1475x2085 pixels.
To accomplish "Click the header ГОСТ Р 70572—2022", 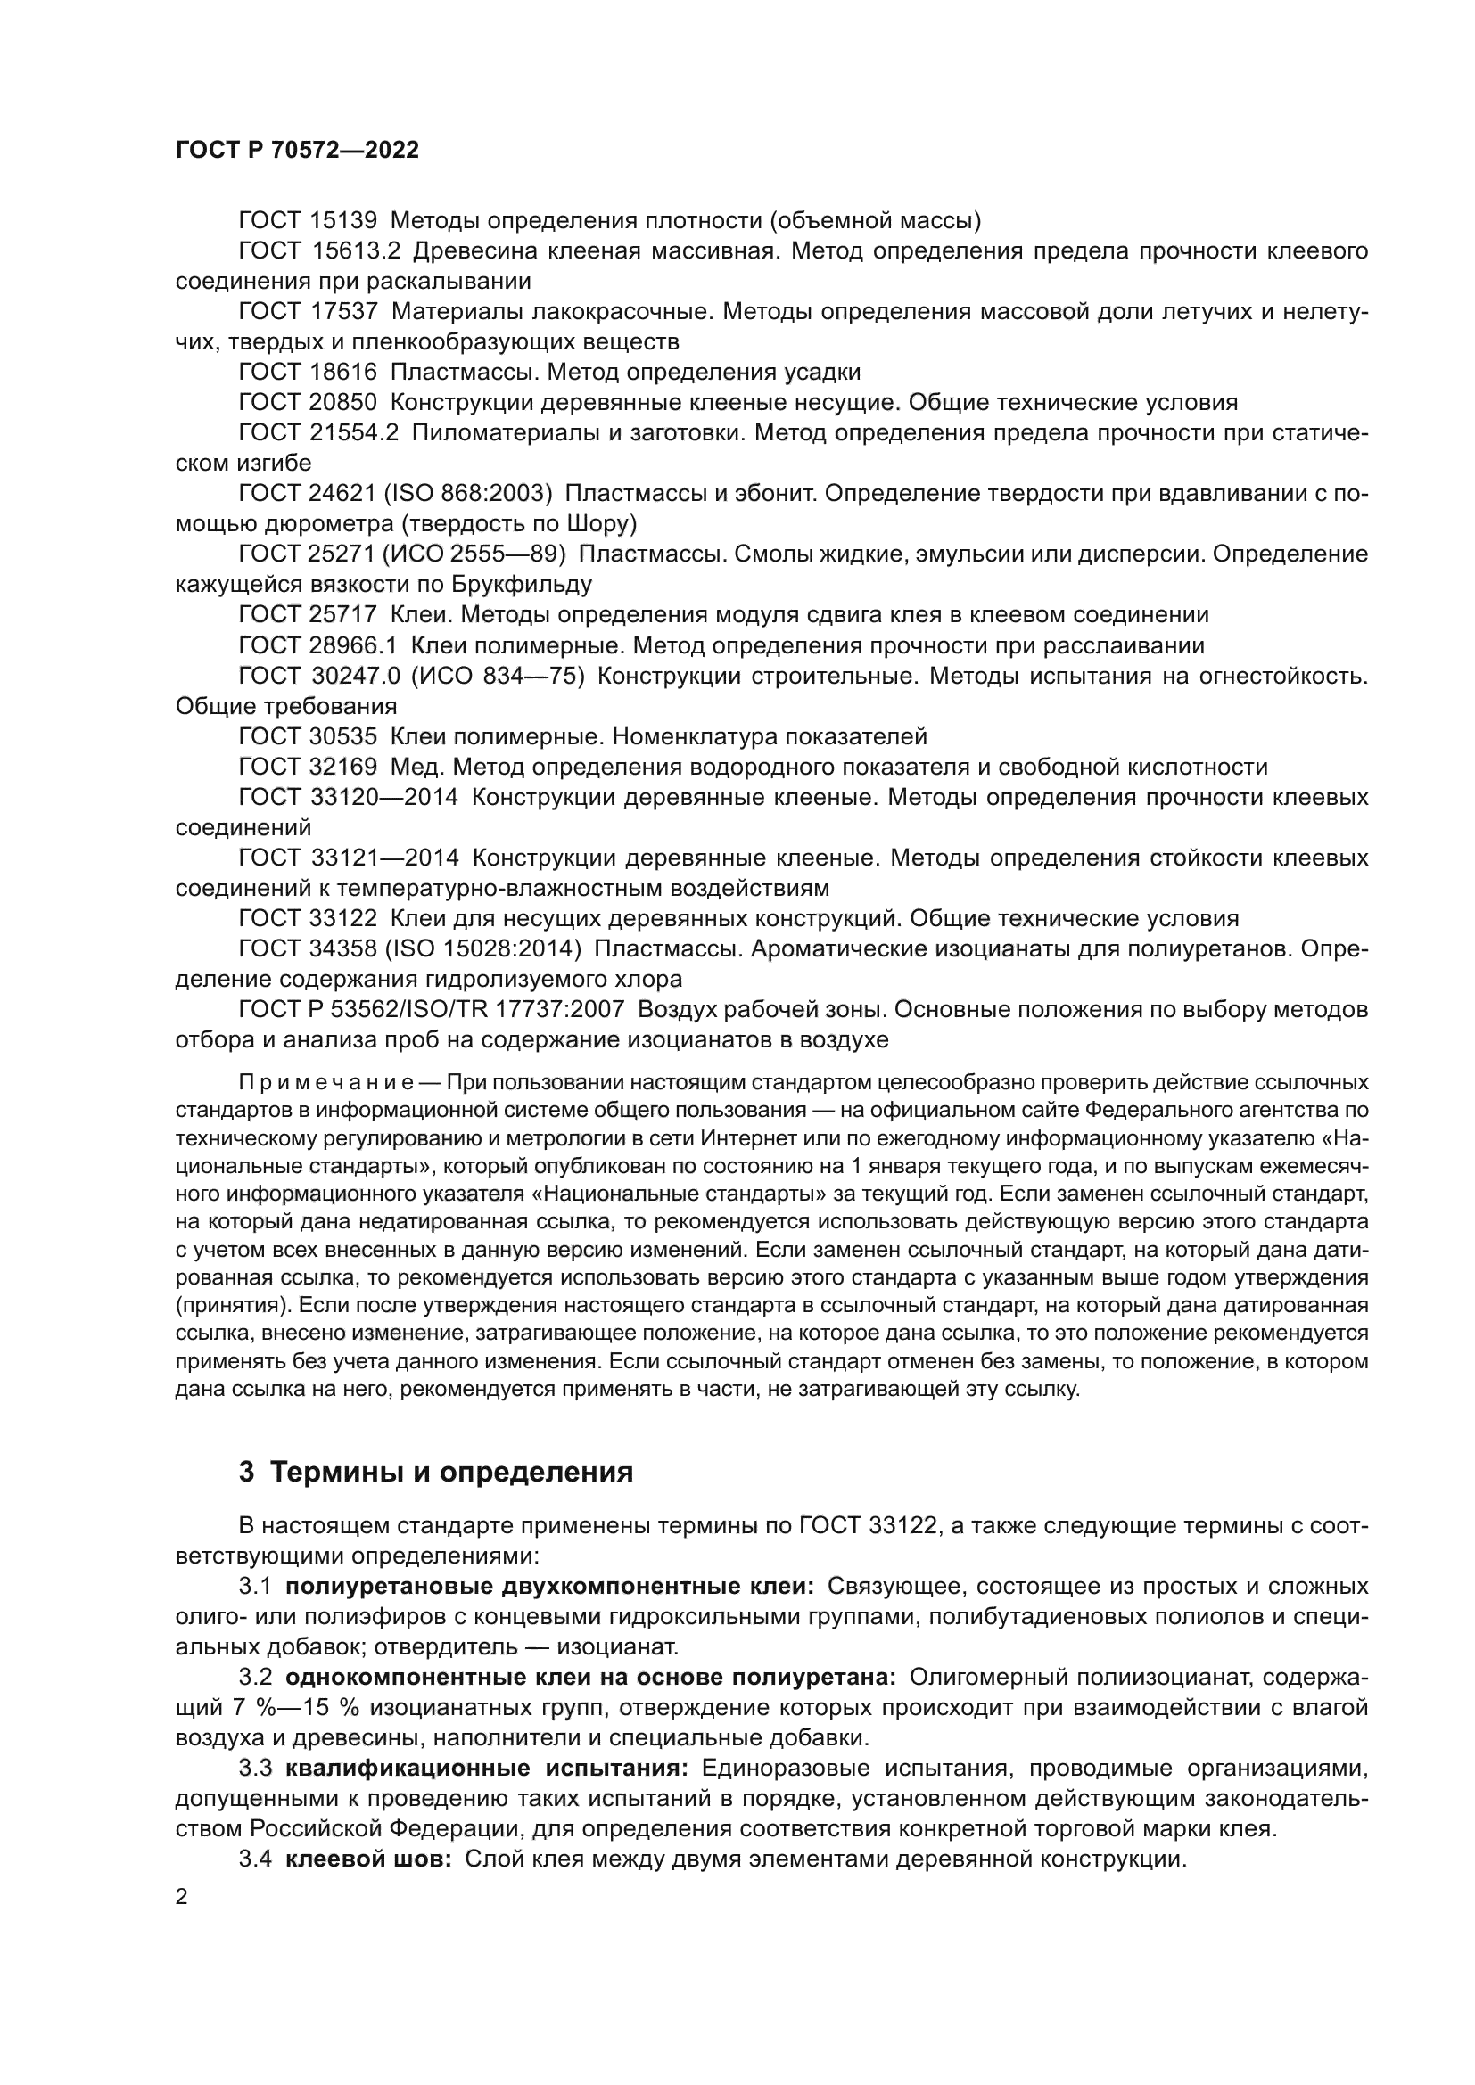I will [x=297, y=151].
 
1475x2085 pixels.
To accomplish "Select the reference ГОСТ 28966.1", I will [x=317, y=645].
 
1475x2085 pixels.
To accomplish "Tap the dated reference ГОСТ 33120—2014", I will [x=348, y=797].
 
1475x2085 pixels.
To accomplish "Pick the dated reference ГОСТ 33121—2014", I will [x=348, y=858].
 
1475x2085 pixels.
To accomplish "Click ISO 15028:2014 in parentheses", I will [x=482, y=949].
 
